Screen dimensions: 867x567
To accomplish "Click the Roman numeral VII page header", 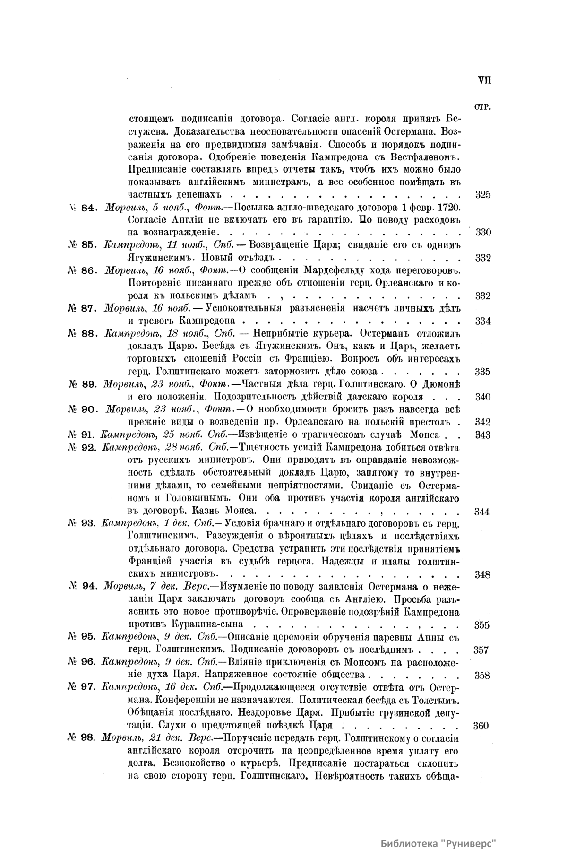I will point(484,80).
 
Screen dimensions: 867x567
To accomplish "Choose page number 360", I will point(481,726).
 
